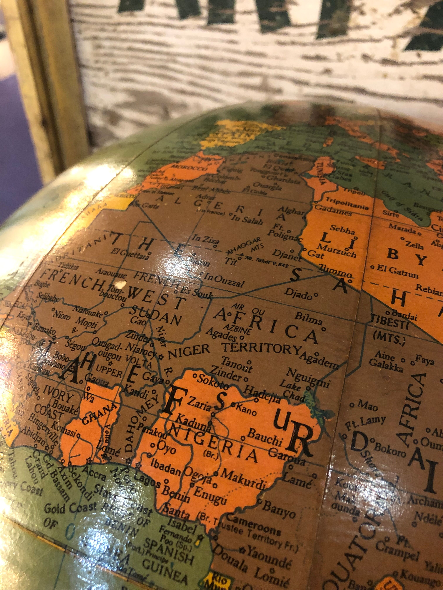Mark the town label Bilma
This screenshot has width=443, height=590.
click(308, 319)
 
